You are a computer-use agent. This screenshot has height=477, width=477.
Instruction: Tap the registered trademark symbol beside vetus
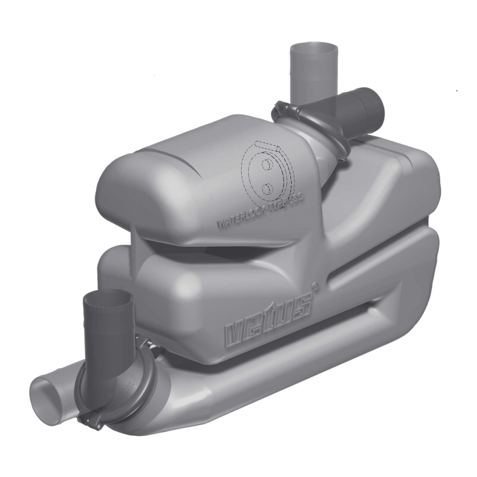[x=315, y=287]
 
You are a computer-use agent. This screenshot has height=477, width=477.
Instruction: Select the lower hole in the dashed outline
[x=268, y=185]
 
